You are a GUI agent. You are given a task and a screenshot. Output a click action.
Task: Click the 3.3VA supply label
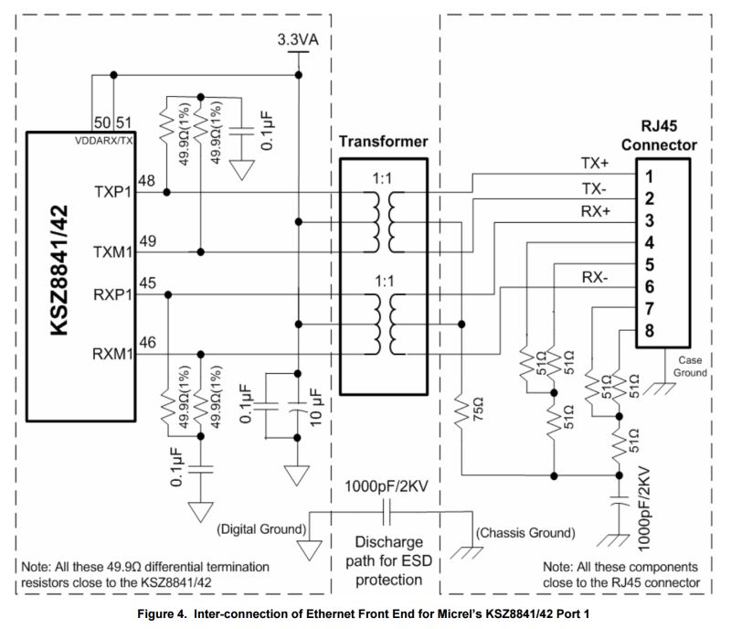(x=298, y=40)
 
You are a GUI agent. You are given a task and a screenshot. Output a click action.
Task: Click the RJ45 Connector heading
(x=658, y=136)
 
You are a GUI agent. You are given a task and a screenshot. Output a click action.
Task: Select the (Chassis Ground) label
(x=524, y=532)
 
